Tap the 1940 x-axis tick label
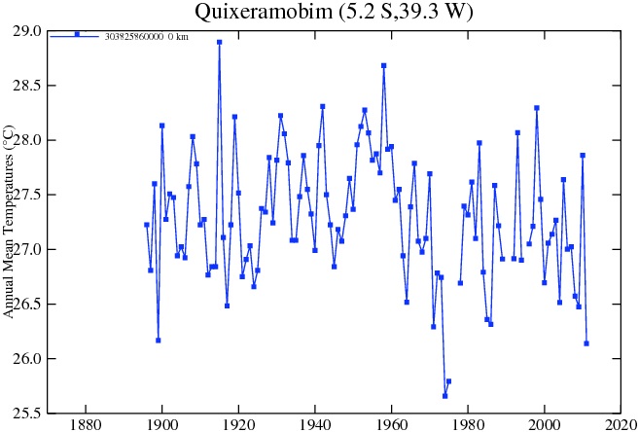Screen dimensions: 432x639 coord(315,424)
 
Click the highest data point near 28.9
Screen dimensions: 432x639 coord(219,42)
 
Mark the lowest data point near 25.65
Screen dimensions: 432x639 coord(444,396)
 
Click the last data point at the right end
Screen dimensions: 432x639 coord(586,343)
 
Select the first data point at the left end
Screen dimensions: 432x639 coord(147,225)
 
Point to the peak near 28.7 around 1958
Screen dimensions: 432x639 coord(383,65)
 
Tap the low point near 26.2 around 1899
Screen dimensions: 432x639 coord(158,340)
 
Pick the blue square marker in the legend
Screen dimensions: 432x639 coord(77,34)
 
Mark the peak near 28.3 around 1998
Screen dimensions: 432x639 coord(536,108)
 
